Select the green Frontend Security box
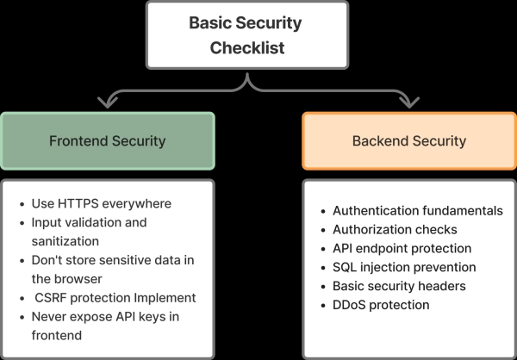[x=108, y=140]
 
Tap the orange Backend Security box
[x=408, y=140]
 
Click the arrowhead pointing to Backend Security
[x=408, y=102]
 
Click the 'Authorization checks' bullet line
[x=394, y=229]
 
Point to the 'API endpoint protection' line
[x=401, y=248]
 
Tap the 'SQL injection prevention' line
[x=403, y=267]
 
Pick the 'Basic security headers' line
[x=399, y=286]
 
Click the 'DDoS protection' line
[x=380, y=305]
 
